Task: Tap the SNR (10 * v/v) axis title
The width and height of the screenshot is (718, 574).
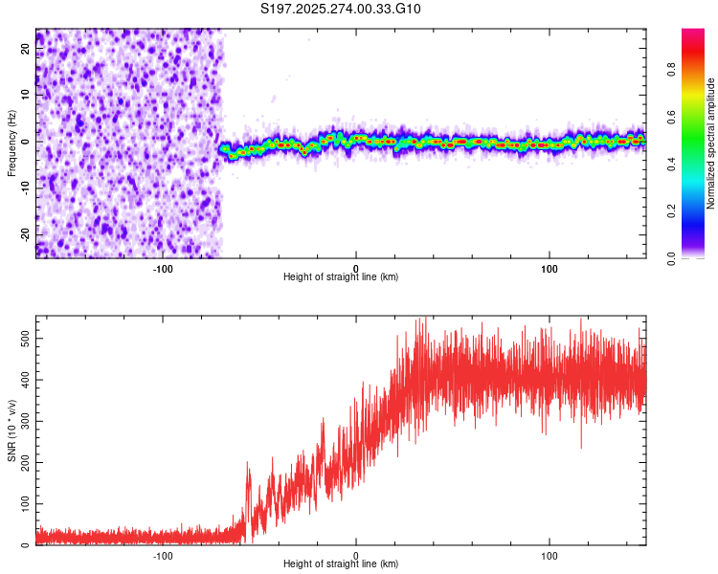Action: tap(11, 430)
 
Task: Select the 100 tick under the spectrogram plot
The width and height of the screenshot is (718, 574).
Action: tap(550, 269)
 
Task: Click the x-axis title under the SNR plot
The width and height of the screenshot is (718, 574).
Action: tap(341, 564)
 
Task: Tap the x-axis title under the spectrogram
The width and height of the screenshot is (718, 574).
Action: tap(341, 277)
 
